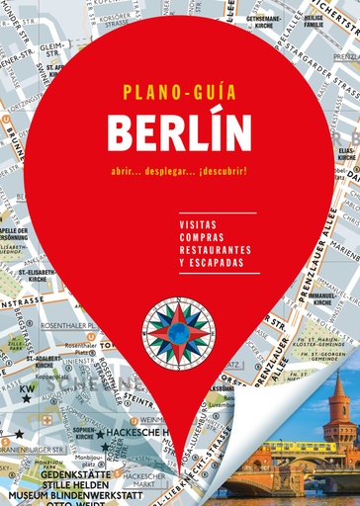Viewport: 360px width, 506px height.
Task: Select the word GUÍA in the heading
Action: pyautogui.click(x=212, y=95)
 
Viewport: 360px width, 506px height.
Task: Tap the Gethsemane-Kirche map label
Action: pyautogui.click(x=268, y=23)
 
